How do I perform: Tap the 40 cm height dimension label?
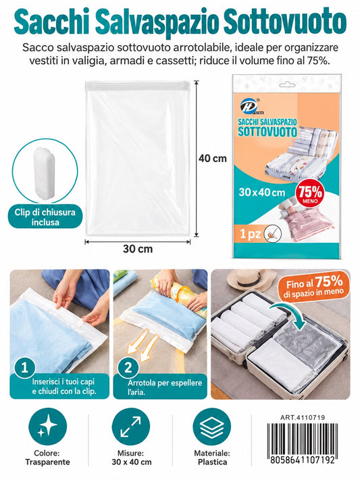click(x=213, y=159)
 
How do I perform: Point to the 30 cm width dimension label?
click(x=138, y=249)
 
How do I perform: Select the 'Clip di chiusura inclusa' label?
click(x=45, y=217)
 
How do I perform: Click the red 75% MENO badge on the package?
click(x=311, y=194)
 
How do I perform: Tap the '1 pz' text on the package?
click(x=251, y=234)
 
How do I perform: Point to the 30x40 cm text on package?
click(x=262, y=192)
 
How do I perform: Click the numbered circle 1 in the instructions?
click(x=24, y=367)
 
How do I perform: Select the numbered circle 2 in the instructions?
click(x=128, y=367)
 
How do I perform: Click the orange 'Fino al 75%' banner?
click(x=314, y=287)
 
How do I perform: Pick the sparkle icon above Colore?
click(x=47, y=427)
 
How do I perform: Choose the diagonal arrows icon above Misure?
click(x=131, y=427)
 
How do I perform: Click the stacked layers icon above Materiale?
click(x=212, y=427)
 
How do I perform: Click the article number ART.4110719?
click(x=303, y=417)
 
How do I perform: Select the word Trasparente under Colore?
click(x=47, y=462)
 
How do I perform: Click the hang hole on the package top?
click(x=288, y=84)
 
